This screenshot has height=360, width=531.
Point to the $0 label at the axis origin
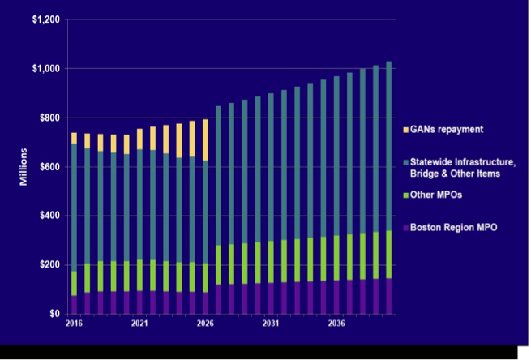[54, 314]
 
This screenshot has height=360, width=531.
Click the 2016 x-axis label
[75, 323]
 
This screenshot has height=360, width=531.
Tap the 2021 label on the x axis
[139, 323]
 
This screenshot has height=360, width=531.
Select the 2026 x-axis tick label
[205, 323]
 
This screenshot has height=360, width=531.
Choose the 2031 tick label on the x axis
[272, 323]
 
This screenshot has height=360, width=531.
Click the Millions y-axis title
[25, 166]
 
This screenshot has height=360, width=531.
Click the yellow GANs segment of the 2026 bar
[206, 139]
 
